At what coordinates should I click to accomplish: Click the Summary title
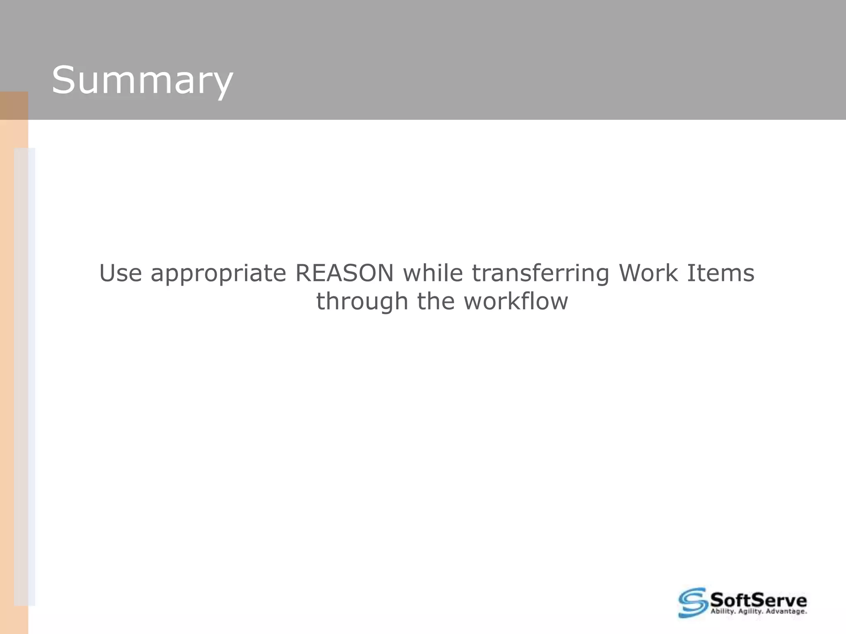pyautogui.click(x=142, y=81)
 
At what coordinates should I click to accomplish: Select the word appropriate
pyautogui.click(x=218, y=274)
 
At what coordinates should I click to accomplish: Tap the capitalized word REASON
pyautogui.click(x=345, y=273)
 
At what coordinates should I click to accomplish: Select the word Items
pyautogui.click(x=720, y=273)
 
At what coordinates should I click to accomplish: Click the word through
pyautogui.click(x=362, y=302)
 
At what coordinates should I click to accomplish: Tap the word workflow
pyautogui.click(x=516, y=301)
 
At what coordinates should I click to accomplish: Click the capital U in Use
pyautogui.click(x=108, y=273)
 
